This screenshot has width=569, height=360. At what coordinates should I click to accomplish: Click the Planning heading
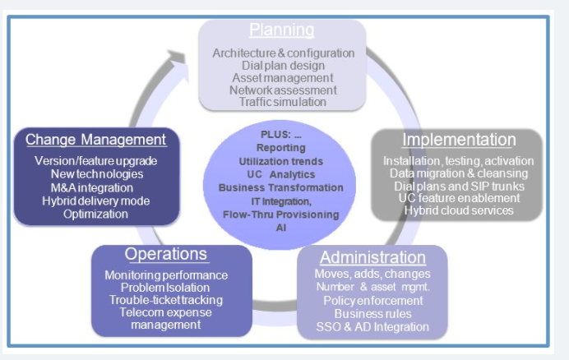pyautogui.click(x=282, y=31)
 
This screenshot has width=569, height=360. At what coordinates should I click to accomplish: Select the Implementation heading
pyautogui.click(x=459, y=140)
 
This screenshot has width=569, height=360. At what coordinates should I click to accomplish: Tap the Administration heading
pyautogui.click(x=372, y=257)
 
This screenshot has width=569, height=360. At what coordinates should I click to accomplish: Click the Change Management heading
pyautogui.click(x=95, y=140)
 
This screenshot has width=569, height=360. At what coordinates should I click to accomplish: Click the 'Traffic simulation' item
pyautogui.click(x=283, y=102)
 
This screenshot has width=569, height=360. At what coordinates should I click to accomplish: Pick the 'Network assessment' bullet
pyautogui.click(x=283, y=90)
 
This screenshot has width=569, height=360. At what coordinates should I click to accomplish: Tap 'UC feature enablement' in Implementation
pyautogui.click(x=458, y=198)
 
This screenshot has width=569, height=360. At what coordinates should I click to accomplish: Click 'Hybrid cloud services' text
pyautogui.click(x=458, y=210)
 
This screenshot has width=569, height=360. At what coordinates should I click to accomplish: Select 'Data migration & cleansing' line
pyautogui.click(x=458, y=173)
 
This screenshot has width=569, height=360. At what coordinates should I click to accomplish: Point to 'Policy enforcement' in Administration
pyautogui.click(x=372, y=300)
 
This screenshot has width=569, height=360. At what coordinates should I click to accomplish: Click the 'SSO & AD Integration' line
pyautogui.click(x=372, y=326)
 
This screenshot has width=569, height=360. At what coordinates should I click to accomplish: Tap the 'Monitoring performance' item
pyautogui.click(x=166, y=275)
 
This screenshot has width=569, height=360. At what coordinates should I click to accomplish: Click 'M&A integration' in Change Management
pyautogui.click(x=96, y=187)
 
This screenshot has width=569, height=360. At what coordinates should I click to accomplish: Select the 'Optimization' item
pyautogui.click(x=96, y=214)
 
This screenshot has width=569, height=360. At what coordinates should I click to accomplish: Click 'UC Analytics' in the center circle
pyautogui.click(x=281, y=174)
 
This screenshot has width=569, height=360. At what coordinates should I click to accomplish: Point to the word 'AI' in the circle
pyautogui.click(x=281, y=227)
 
